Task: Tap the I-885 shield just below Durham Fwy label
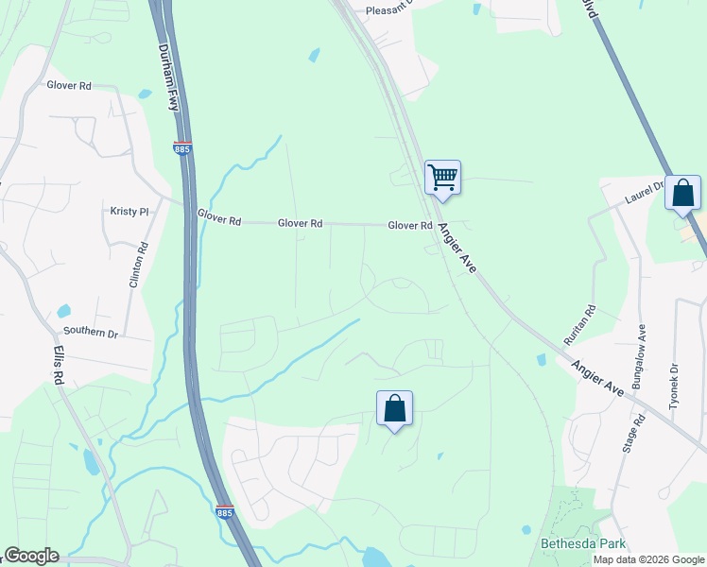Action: [x=182, y=147]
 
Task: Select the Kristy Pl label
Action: [x=130, y=212]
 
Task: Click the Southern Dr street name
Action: [x=91, y=333]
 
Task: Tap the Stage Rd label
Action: [x=629, y=433]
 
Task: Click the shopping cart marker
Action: [x=442, y=177]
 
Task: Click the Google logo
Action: [x=31, y=556]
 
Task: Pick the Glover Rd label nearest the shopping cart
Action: [x=409, y=226]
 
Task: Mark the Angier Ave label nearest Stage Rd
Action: [x=596, y=376]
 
